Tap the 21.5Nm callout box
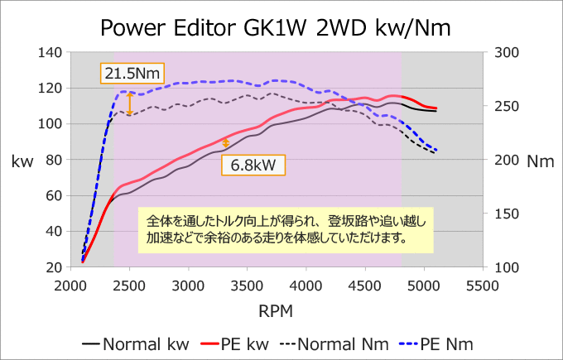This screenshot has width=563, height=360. (x=132, y=74)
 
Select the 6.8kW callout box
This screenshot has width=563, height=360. (x=253, y=166)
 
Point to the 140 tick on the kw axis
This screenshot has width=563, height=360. (x=50, y=53)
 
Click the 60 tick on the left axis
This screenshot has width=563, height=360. (x=54, y=196)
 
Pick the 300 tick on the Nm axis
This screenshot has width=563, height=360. (x=507, y=53)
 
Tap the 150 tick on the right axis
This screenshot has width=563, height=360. (x=507, y=214)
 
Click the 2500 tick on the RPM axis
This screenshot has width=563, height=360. (x=130, y=286)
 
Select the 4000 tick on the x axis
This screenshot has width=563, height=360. (x=306, y=286)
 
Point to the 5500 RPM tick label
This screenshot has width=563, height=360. (x=483, y=286)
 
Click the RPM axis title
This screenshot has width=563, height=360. (x=276, y=311)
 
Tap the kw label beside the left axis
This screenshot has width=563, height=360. (x=22, y=161)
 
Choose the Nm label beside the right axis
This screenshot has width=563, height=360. (x=541, y=161)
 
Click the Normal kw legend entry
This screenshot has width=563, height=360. (x=135, y=344)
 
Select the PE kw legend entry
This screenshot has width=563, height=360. (x=234, y=344)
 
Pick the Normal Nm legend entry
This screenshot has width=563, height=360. (x=334, y=344)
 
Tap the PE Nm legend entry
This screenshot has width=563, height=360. (x=435, y=344)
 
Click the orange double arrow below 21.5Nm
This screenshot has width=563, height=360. (x=130, y=104)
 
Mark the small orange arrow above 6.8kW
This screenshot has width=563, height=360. (x=225, y=143)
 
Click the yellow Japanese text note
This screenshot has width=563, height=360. (x=286, y=230)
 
